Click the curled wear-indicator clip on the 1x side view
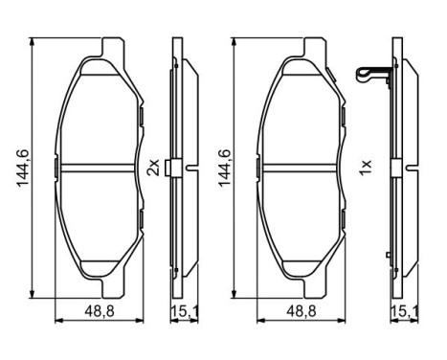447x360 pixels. coord(369,71)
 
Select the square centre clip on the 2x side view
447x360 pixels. coord(170,168)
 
